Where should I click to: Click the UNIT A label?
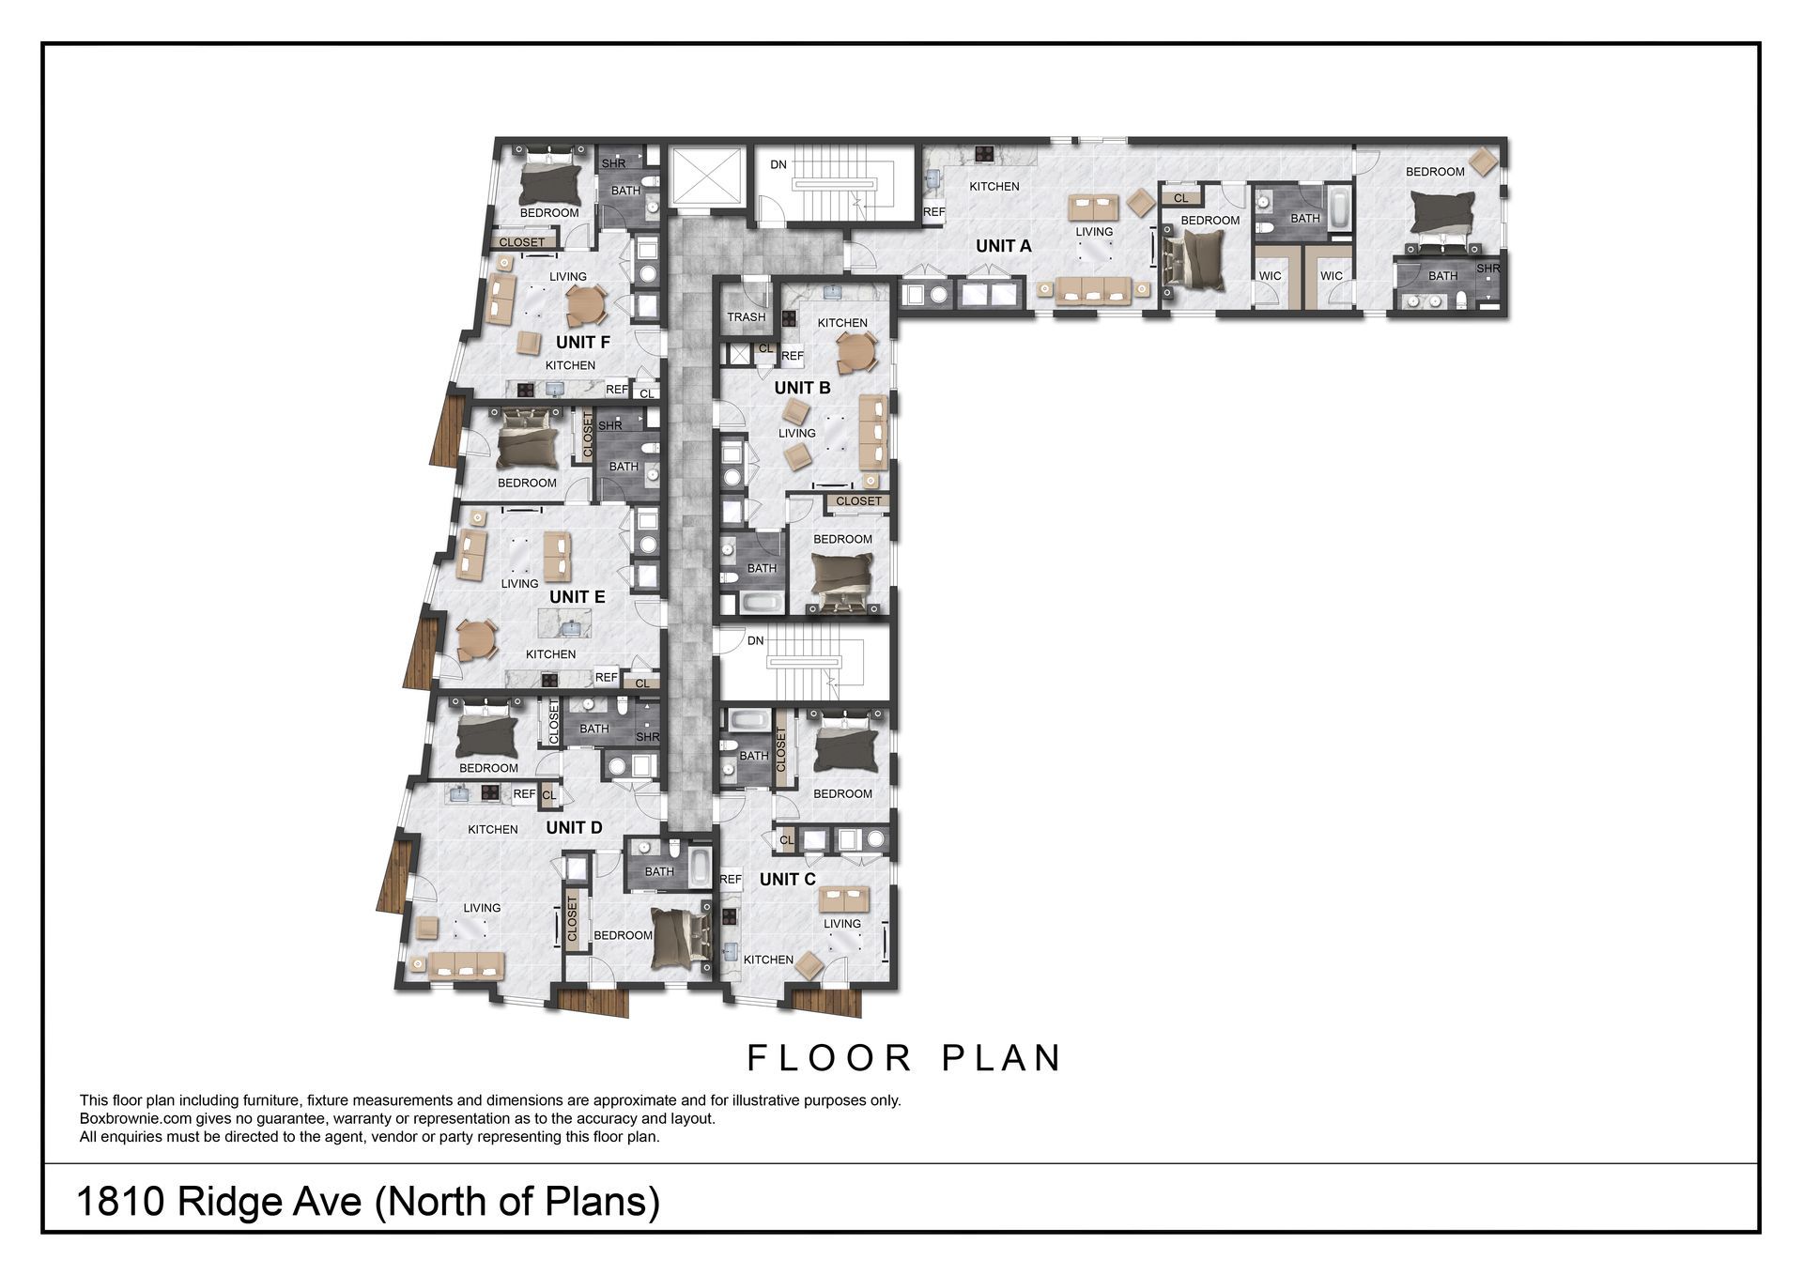(1003, 246)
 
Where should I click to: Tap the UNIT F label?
(582, 343)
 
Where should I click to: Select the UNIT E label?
(577, 597)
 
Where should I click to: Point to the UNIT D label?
(574, 827)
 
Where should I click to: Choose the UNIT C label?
(787, 879)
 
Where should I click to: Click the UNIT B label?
(802, 388)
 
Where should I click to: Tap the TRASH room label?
(746, 317)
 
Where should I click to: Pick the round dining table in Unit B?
(856, 352)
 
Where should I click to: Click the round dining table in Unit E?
(477, 640)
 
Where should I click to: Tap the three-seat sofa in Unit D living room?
(466, 964)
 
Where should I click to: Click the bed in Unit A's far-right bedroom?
(1442, 213)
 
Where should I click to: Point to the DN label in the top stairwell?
(778, 165)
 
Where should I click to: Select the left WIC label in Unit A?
(1270, 276)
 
